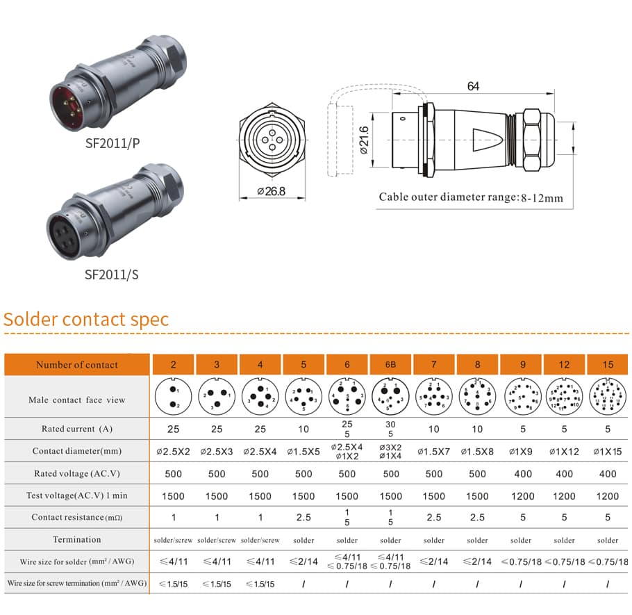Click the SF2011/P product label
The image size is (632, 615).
click(112, 145)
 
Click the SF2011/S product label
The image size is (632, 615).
click(112, 274)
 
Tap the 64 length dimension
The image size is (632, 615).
click(473, 87)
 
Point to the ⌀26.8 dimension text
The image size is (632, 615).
click(271, 191)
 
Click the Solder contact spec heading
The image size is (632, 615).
click(86, 320)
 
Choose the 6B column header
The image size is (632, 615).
click(391, 365)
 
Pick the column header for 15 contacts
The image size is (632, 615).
click(608, 365)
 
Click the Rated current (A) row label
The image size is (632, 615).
click(77, 429)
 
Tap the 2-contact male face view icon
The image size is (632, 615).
click(174, 397)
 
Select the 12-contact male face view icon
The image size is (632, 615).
click(565, 397)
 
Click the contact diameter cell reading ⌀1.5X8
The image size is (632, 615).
click(477, 452)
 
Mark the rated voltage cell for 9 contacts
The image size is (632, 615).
click(521, 474)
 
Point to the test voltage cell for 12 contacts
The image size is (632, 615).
click(565, 495)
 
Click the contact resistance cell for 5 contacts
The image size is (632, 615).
click(303, 518)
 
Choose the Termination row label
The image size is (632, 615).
click(77, 540)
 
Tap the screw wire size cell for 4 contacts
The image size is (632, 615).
click(260, 584)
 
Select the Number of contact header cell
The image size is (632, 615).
click(77, 365)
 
